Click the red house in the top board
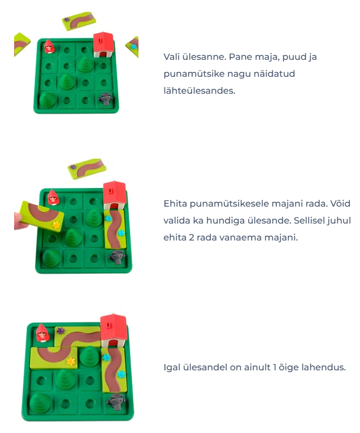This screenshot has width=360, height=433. tap(103, 45)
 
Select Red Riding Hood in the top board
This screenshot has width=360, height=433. tap(49, 46)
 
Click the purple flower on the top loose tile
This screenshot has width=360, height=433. tap(66, 19)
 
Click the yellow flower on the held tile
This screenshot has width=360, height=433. tap(57, 225)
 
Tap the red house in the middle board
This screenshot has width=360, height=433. tap(115, 195)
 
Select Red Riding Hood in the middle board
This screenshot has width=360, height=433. tap(53, 197)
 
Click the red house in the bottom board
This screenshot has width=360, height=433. tap(114, 330)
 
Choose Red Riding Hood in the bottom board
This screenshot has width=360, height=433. tap(42, 333)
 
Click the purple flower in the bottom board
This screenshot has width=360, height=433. tap(60, 330)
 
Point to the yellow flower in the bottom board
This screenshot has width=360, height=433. tap(71, 361)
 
